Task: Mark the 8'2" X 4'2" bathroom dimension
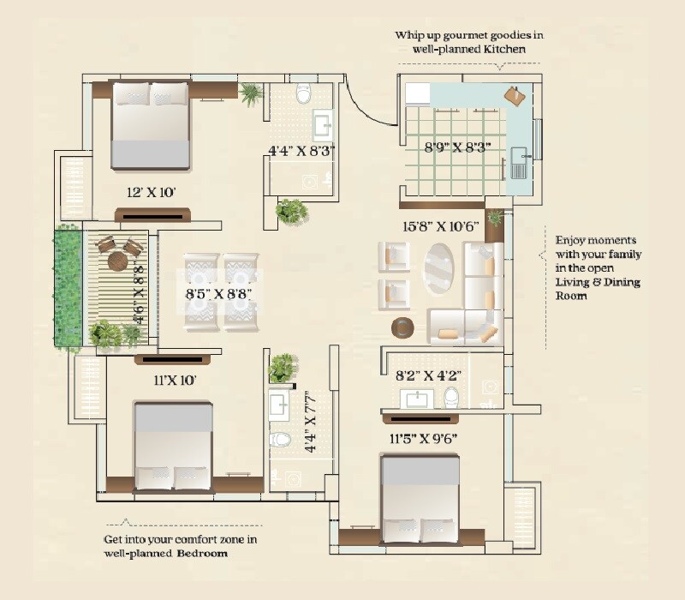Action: coord(429,374)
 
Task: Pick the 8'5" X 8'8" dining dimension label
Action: coord(218,293)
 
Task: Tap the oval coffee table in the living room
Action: coord(440,271)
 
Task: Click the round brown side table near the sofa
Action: coord(402,328)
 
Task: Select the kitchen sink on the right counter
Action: coord(519,160)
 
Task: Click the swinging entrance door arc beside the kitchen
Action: coord(360,103)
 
